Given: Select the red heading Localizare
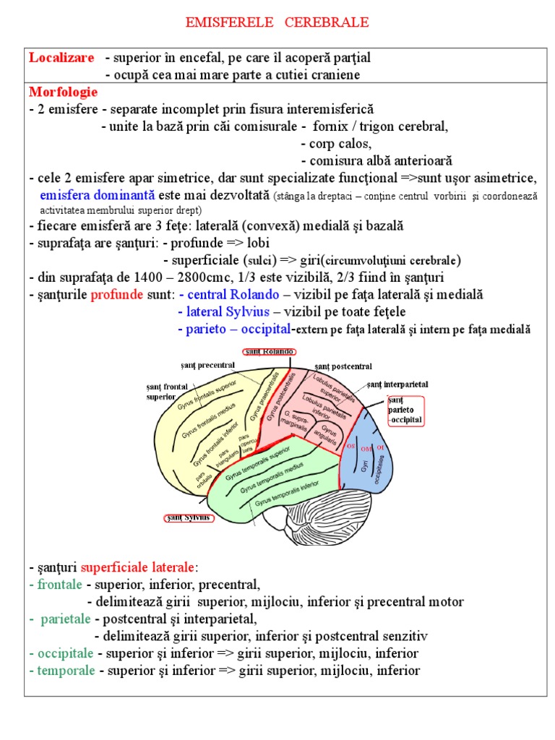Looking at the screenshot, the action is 61,58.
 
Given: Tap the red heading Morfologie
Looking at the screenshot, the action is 64,92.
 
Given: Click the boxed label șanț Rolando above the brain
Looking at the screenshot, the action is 267,352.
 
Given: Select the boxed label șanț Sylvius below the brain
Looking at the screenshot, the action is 186,517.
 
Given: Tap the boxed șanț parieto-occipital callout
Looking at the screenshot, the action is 405,410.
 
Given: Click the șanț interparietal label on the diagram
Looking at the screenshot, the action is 397,384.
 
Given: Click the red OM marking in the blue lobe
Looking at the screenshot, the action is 366,449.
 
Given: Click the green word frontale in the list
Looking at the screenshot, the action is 60,584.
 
